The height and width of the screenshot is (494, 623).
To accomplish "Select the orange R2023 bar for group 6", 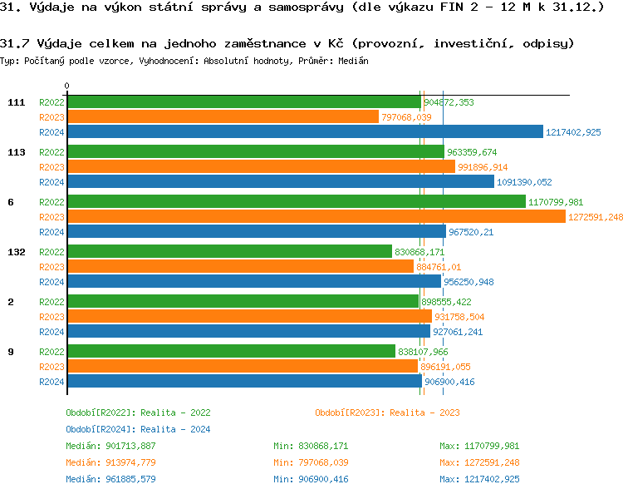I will tap(316, 217).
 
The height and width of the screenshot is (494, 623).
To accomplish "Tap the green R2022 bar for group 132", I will tap(229, 252).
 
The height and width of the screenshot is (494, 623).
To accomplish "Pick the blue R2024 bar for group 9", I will tap(244, 382).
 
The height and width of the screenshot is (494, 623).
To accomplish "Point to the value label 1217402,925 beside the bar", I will tap(573, 132).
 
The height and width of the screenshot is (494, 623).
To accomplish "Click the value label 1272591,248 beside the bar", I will tap(595, 217).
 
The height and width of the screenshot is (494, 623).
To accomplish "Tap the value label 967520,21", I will tap(471, 232).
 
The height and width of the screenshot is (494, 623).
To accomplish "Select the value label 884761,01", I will tap(439, 267).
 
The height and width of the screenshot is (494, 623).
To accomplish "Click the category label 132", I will tap(16, 252).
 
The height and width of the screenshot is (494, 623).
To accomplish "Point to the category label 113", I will tap(16, 152).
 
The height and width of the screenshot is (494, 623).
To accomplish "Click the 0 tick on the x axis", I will tap(67, 86).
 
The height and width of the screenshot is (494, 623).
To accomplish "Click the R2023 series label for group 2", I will tap(52, 317).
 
